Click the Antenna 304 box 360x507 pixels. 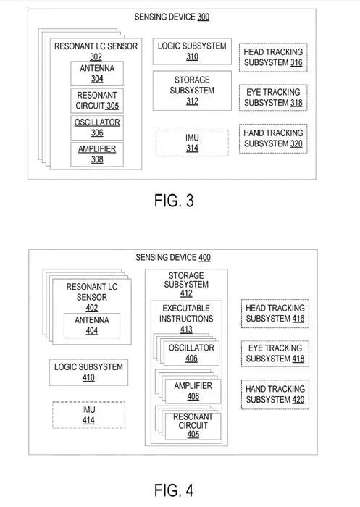[97, 73]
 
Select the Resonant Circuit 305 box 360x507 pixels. [97, 101]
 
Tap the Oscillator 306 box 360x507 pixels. [97, 127]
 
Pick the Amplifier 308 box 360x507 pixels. [97, 154]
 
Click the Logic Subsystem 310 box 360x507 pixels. [192, 51]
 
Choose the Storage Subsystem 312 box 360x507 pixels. [192, 91]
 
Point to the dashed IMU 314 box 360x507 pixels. [192, 143]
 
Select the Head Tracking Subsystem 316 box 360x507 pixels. [273, 57]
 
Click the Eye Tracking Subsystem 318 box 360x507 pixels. [273, 98]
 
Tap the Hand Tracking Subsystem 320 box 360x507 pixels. [273, 138]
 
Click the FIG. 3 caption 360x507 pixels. [174, 201]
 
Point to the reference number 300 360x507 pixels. [203, 17]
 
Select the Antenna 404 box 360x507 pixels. [92, 326]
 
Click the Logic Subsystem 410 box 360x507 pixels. [88, 372]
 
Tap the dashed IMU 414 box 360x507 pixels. [88, 415]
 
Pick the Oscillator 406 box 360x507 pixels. [191, 353]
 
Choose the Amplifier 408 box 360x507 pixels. [193, 391]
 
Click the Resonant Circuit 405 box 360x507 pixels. [193, 426]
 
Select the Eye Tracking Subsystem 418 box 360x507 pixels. [275, 353]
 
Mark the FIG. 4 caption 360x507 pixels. [174, 490]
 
